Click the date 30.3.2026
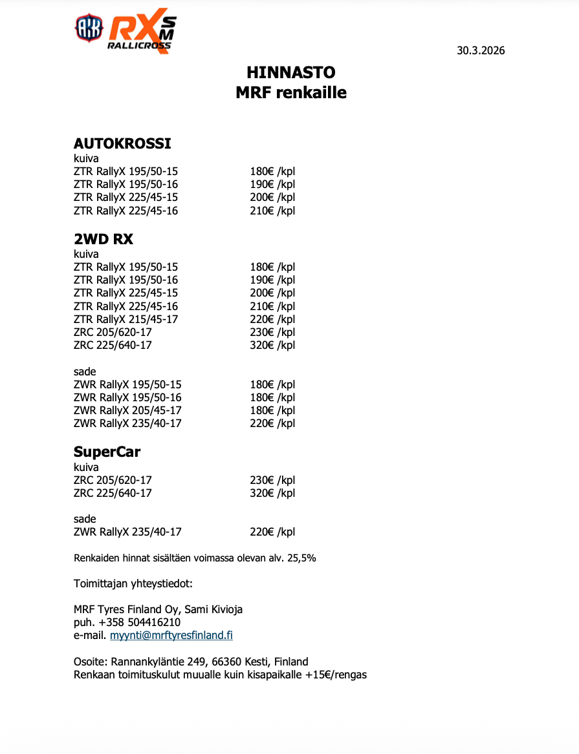pos(481,51)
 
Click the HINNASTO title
pos(291,72)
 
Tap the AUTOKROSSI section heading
pos(122,143)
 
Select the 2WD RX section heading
pos(104,239)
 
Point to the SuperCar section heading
pos(107,452)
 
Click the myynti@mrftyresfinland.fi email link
pos(171,635)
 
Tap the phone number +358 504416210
pos(135,622)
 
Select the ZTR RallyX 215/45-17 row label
pos(126,319)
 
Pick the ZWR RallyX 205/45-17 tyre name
pos(127,410)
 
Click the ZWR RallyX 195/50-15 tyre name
pos(127,384)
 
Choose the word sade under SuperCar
pos(85,519)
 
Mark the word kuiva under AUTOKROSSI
pos(86,158)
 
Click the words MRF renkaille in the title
pos(291,92)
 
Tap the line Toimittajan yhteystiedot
pos(133,584)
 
